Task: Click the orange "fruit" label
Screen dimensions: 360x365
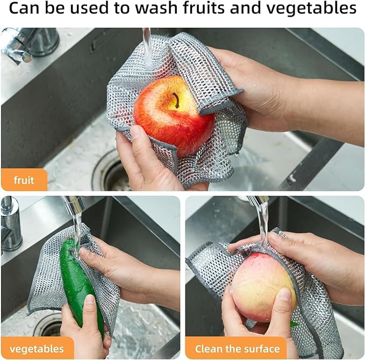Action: click(x=24, y=180)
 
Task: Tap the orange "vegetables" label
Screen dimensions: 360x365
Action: click(x=37, y=348)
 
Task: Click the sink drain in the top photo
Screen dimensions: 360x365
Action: click(x=110, y=172)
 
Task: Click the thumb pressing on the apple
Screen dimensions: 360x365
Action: click(x=141, y=141)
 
